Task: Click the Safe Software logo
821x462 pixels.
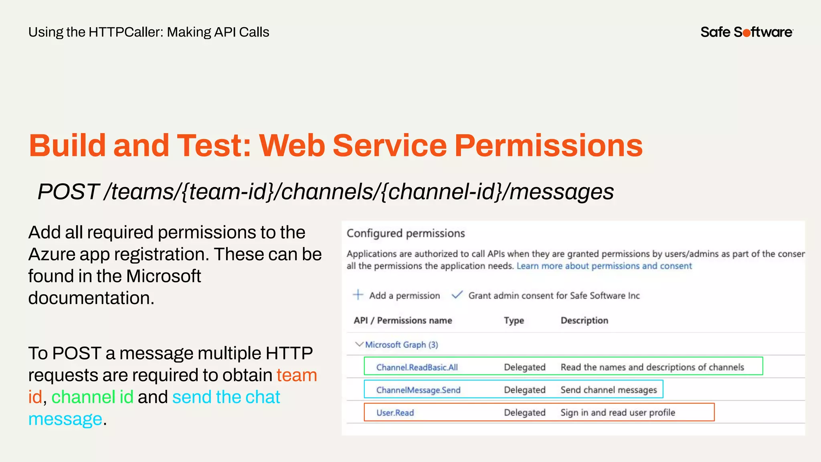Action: pyautogui.click(x=746, y=32)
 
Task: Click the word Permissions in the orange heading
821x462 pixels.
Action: pyautogui.click(x=548, y=145)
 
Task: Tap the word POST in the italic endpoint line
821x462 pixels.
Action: pyautogui.click(x=68, y=192)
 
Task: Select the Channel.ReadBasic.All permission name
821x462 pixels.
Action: pyautogui.click(x=417, y=367)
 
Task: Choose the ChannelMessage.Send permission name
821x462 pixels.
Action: pyautogui.click(x=418, y=390)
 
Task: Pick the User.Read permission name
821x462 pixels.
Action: pyautogui.click(x=395, y=413)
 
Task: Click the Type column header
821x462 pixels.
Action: pyautogui.click(x=514, y=320)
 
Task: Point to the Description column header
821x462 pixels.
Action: pyautogui.click(x=584, y=320)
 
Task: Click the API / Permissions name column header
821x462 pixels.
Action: pyautogui.click(x=402, y=320)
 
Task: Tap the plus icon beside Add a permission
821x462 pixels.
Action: pyautogui.click(x=358, y=295)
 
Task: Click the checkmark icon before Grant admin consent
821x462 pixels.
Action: pyautogui.click(x=457, y=295)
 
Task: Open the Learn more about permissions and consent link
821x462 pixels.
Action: pyautogui.click(x=604, y=266)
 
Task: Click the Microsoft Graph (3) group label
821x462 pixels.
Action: pyautogui.click(x=401, y=345)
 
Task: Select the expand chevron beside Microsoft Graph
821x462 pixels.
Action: pyautogui.click(x=359, y=344)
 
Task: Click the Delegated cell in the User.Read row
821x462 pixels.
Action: pyautogui.click(x=525, y=413)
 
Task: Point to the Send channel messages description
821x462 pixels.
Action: pyautogui.click(x=609, y=390)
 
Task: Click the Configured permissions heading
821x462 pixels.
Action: pyautogui.click(x=406, y=233)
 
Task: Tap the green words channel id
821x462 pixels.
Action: pyautogui.click(x=92, y=397)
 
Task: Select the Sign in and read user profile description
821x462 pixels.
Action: pyautogui.click(x=618, y=413)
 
